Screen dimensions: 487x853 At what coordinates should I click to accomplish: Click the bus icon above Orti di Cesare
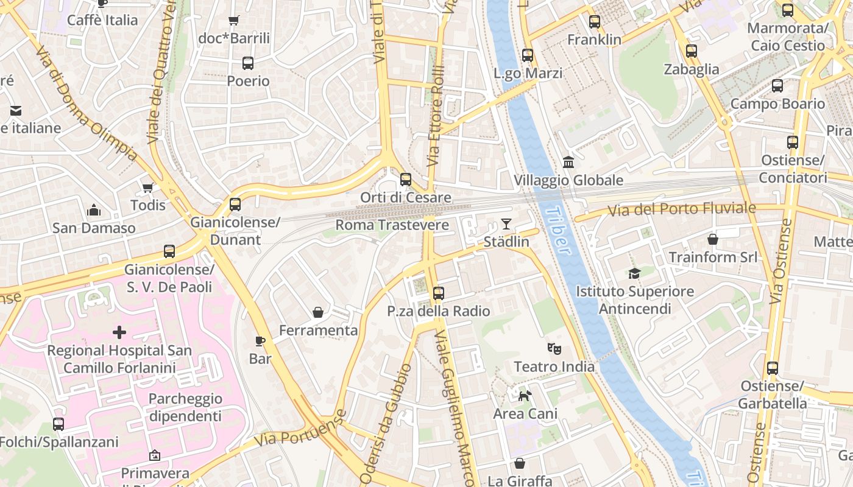pyautogui.click(x=406, y=180)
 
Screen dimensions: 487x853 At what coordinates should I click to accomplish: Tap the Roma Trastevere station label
pyautogui.click(x=392, y=225)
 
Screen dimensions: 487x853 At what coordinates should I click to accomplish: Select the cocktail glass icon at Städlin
pyautogui.click(x=506, y=224)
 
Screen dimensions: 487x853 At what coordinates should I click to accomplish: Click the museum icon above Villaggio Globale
pyautogui.click(x=568, y=163)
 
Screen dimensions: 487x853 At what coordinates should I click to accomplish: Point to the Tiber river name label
pyautogui.click(x=559, y=231)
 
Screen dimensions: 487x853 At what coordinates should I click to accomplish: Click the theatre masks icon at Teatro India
pyautogui.click(x=554, y=349)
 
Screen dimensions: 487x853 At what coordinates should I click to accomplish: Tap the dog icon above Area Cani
pyautogui.click(x=525, y=396)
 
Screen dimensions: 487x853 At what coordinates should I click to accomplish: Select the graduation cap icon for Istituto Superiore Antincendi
pyautogui.click(x=635, y=274)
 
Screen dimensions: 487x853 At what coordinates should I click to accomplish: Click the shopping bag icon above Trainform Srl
pyautogui.click(x=713, y=239)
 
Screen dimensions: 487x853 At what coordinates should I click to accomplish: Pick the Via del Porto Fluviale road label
pyautogui.click(x=682, y=209)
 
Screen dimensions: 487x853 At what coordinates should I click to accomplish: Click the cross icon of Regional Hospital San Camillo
pyautogui.click(x=119, y=332)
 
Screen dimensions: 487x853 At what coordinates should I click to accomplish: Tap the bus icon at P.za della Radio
pyautogui.click(x=438, y=293)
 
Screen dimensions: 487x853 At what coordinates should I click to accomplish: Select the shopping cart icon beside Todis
pyautogui.click(x=147, y=187)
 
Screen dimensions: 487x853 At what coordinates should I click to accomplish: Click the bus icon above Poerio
pyautogui.click(x=248, y=63)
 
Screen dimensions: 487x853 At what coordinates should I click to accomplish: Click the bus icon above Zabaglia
pyautogui.click(x=691, y=51)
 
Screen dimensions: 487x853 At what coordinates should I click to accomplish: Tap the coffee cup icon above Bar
pyautogui.click(x=260, y=341)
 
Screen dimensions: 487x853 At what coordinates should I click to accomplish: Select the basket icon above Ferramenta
pyautogui.click(x=318, y=312)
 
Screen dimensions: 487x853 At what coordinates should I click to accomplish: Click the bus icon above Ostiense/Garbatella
pyautogui.click(x=773, y=368)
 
